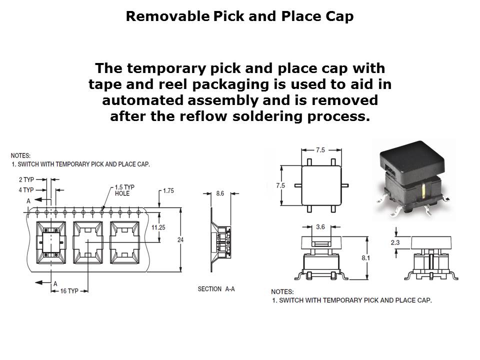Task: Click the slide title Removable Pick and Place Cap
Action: pyautogui.click(x=239, y=16)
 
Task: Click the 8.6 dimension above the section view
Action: pyautogui.click(x=220, y=192)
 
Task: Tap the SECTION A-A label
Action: pyautogui.click(x=216, y=289)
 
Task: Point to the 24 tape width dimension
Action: pyautogui.click(x=180, y=240)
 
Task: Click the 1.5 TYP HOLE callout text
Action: pyautogui.click(x=124, y=190)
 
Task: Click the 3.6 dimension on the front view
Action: pyautogui.click(x=320, y=226)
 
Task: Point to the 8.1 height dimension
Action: pyautogui.click(x=379, y=258)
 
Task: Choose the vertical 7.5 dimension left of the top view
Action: pyautogui.click(x=281, y=185)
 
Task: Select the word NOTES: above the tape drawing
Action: pyautogui.click(x=20, y=156)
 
